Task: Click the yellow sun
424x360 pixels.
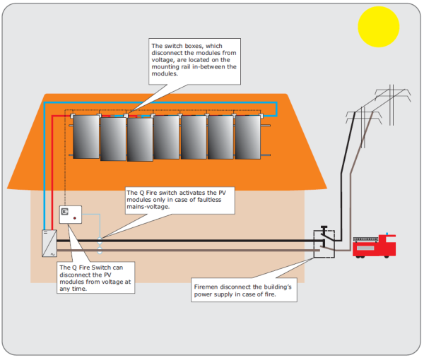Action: point(378,27)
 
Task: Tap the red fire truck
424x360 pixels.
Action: point(374,246)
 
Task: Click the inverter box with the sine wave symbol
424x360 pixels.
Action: point(49,244)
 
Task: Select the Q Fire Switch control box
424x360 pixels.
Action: point(70,215)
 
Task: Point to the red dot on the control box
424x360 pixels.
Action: point(75,218)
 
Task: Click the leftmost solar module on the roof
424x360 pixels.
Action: point(86,137)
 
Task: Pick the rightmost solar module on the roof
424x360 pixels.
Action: point(248,137)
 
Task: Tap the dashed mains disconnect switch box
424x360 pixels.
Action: point(324,244)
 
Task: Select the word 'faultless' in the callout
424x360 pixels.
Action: point(209,200)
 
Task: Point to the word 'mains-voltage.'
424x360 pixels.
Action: point(148,207)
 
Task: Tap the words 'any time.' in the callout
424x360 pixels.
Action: point(73,289)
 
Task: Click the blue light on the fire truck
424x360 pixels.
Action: point(387,234)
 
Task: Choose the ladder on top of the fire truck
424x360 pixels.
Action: point(365,239)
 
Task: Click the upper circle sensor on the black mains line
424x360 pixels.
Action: point(100,240)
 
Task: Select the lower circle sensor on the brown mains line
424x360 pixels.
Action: point(100,251)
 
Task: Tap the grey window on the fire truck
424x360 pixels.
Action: point(365,248)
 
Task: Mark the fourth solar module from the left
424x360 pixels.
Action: point(166,137)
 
